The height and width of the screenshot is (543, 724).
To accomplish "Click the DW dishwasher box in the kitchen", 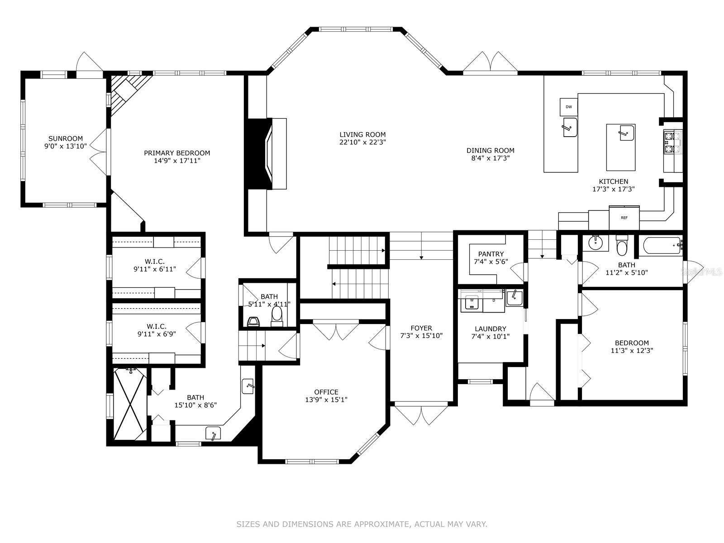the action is click(x=568, y=107).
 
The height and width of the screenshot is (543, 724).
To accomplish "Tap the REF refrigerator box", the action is click(x=624, y=218).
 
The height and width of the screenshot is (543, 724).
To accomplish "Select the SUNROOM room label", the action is click(x=66, y=138).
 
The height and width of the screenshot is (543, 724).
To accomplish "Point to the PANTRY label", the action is click(x=491, y=254).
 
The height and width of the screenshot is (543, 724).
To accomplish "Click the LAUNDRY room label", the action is click(x=491, y=329).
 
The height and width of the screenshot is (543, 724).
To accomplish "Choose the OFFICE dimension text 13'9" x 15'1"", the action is click(x=326, y=400).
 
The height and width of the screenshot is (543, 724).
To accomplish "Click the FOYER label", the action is click(x=421, y=328).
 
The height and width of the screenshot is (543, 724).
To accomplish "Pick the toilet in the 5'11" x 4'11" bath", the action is click(x=277, y=315).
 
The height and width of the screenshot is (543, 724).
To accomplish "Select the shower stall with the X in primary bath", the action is click(x=130, y=405).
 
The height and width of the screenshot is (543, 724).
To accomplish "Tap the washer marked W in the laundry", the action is click(x=472, y=302).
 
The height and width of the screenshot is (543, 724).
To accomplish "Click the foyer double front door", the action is click(x=421, y=413).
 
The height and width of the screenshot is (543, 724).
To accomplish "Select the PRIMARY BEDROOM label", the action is click(x=177, y=153).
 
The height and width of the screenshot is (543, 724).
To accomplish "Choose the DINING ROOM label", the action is click(x=491, y=150).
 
